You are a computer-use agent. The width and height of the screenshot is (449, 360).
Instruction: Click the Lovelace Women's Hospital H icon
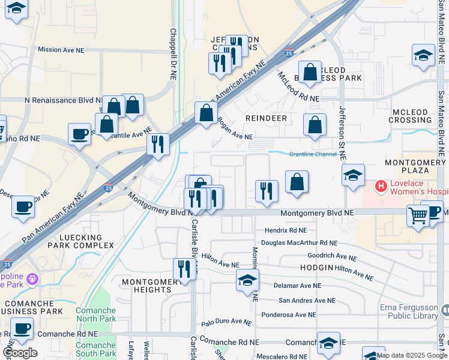point(380,187)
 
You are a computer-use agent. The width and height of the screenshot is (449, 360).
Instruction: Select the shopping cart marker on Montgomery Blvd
point(418,215)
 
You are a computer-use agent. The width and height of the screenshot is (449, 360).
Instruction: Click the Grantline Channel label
point(313,154)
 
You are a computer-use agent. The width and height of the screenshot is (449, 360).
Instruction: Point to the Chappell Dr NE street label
point(173,49)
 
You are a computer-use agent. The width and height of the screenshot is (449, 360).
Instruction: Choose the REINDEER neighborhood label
point(266,118)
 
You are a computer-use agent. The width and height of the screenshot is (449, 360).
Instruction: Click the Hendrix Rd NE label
point(285,230)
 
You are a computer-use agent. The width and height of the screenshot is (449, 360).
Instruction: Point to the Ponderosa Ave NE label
point(288,314)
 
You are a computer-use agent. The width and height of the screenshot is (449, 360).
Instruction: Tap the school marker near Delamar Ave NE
point(247,280)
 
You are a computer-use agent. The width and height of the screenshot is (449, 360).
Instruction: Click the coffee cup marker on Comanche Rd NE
point(22,329)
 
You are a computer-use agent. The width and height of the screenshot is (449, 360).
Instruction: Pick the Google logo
point(20,353)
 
